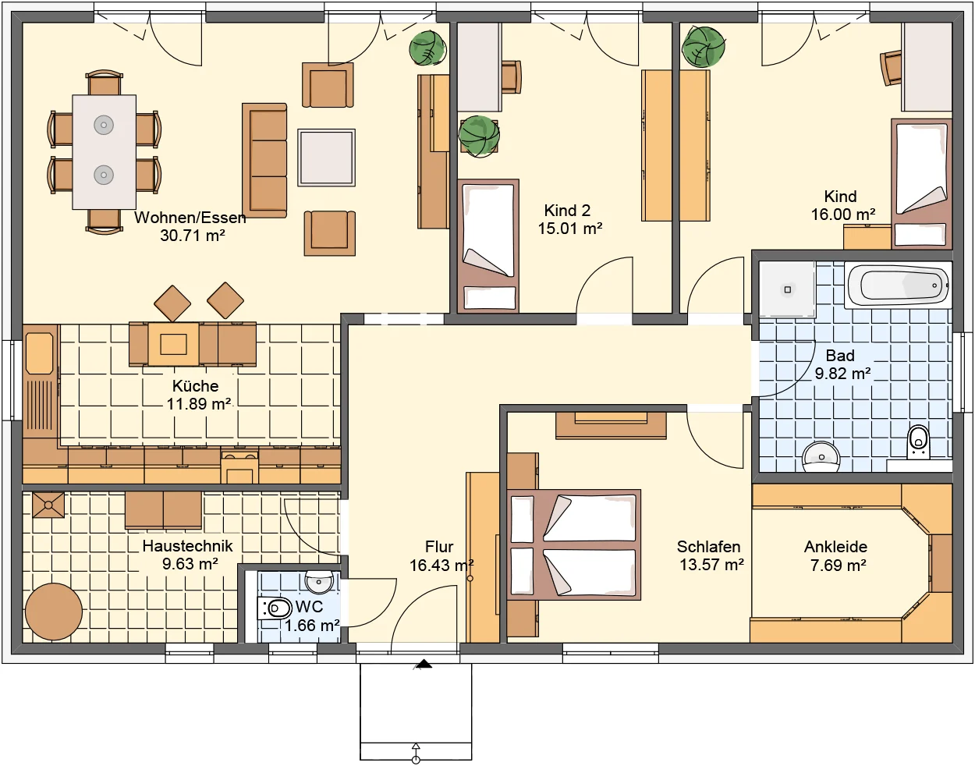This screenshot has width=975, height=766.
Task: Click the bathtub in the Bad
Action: point(898,285)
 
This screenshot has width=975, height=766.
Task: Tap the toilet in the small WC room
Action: point(275,608)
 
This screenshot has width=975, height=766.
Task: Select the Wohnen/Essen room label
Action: point(190,218)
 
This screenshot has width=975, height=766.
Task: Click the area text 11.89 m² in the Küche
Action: point(199,404)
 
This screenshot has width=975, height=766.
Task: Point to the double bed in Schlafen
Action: point(574,544)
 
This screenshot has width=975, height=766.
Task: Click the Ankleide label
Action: point(835,547)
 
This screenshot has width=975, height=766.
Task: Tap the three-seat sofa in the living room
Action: point(264,160)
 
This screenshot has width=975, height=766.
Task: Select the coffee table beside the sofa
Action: point(326,158)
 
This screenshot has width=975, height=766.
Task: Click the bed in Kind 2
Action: point(488,246)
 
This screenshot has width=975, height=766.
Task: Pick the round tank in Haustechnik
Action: point(54,612)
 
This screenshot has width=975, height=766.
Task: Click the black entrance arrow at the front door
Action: point(423,664)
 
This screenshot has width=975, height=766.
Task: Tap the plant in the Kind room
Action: point(703,47)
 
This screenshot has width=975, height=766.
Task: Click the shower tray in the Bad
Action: point(787,289)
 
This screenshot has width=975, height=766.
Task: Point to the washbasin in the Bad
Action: point(821,457)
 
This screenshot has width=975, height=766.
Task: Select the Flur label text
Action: point(439,547)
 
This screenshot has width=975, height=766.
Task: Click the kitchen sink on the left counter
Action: point(40,353)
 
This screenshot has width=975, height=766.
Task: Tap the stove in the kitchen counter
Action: point(239,466)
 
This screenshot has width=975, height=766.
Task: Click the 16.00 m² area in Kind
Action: point(843,214)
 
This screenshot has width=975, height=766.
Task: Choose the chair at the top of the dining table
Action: point(104,83)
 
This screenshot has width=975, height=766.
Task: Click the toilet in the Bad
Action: point(919,442)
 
